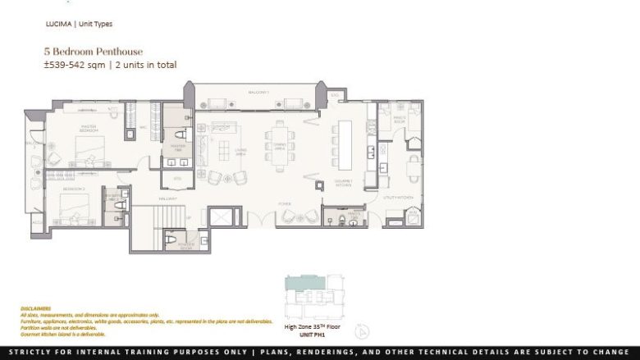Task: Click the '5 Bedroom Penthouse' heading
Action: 86,52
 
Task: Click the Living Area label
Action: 241,151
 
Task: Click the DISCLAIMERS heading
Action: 35,308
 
